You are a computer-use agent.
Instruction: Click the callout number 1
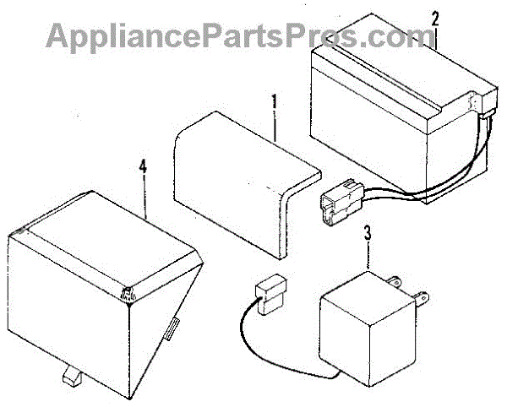[x=274, y=104]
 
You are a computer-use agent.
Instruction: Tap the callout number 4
[x=143, y=168]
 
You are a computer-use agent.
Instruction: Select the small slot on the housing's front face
[x=172, y=328]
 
